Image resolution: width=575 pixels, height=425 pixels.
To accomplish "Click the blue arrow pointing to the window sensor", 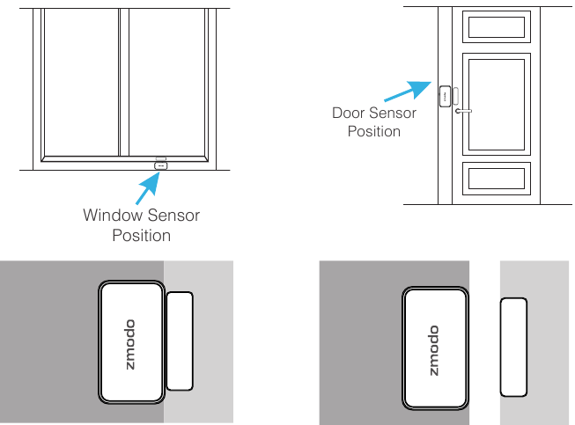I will click(145, 185).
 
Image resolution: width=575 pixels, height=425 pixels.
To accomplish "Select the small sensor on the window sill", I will click(160, 165).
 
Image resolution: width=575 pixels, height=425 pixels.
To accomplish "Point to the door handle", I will click(463, 111).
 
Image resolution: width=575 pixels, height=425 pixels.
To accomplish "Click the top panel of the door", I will click(498, 28).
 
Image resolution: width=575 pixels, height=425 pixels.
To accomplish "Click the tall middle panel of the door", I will click(498, 103).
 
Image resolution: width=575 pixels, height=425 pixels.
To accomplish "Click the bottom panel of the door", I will click(498, 178).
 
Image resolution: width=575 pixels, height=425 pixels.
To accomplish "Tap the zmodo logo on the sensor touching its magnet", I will click(130, 343).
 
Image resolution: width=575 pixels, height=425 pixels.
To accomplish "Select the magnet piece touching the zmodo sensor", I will click(180, 341).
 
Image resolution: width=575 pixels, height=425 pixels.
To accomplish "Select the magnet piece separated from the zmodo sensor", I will click(513, 348).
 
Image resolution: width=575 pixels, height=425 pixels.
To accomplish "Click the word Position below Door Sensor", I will click(374, 132).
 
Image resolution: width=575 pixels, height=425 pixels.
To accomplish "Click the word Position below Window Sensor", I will click(141, 236).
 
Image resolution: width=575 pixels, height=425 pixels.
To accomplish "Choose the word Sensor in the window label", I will click(173, 216).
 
